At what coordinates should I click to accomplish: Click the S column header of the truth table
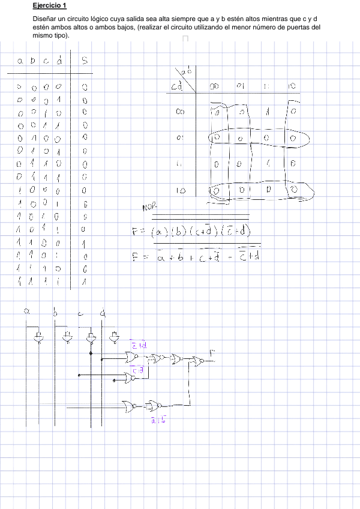(85, 60)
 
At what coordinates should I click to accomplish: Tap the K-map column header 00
(214, 86)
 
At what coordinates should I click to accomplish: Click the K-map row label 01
(180, 137)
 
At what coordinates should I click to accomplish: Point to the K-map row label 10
(180, 190)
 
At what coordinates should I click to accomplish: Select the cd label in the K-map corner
(177, 87)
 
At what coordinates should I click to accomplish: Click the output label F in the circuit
(211, 352)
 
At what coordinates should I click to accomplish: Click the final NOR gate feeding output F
(197, 361)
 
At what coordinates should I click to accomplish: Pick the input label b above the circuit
(55, 313)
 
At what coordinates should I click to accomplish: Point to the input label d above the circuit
(103, 313)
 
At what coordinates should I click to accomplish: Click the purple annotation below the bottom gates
(158, 419)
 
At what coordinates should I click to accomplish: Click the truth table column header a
(20, 61)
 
